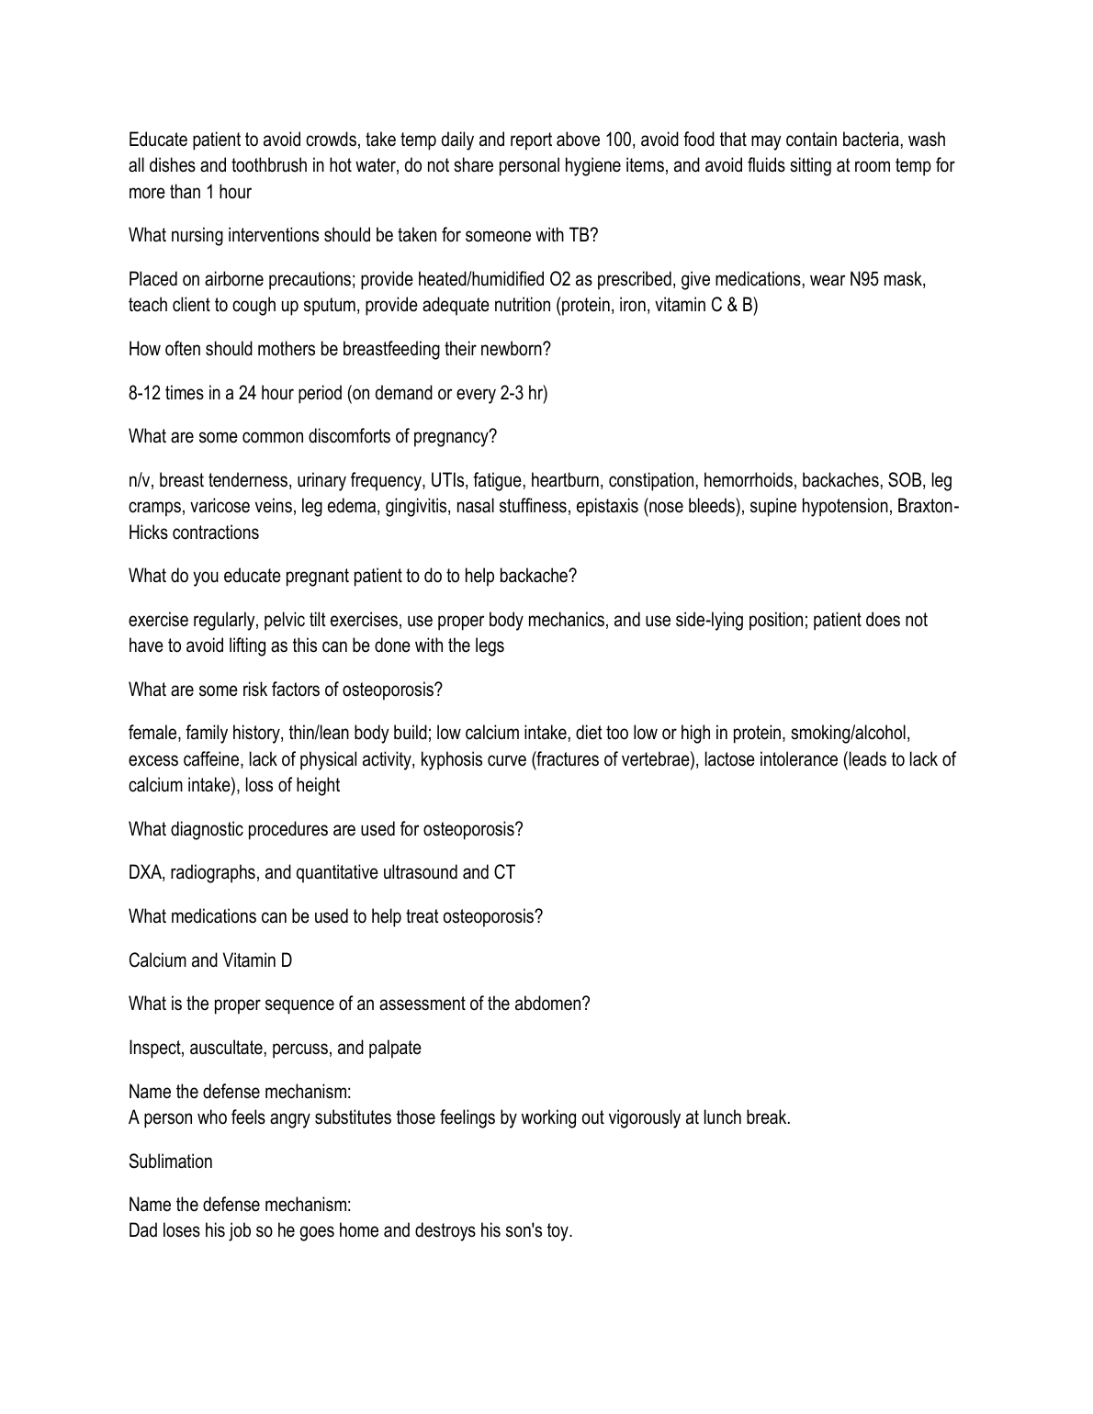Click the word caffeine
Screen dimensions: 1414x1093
[x=210, y=759]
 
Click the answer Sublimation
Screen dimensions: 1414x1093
[x=170, y=1161]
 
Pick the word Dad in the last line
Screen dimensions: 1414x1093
[x=142, y=1230]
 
